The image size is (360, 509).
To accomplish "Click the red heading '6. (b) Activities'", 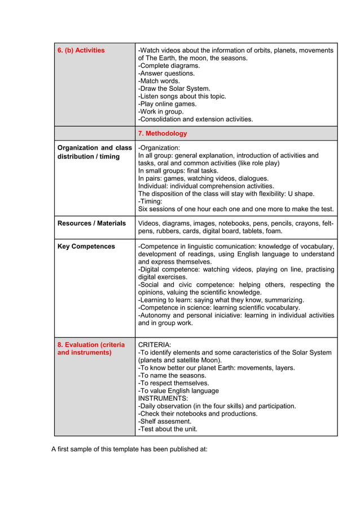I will tap(81, 50).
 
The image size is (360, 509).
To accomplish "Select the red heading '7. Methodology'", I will tap(163, 134).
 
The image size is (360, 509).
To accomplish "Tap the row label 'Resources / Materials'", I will tap(91, 223).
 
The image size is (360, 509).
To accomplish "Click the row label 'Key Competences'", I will tap(86, 247).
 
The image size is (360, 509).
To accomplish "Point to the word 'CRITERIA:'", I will tap(155, 345).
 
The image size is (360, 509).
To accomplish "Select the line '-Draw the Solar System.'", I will tap(174, 89).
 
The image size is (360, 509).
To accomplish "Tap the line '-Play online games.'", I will tap(167, 104).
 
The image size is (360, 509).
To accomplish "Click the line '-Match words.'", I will tap(159, 81).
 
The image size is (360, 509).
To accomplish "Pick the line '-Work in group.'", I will tap(161, 112).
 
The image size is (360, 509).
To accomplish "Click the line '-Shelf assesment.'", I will tap(165, 422).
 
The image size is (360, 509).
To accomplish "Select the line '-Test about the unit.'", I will tap(168, 429).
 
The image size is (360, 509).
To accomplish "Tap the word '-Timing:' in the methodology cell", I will tap(150, 201).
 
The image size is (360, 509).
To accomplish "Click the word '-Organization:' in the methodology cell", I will tap(159, 148).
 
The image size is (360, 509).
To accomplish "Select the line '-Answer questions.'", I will tap(166, 73).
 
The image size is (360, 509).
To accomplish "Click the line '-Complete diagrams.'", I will tap(169, 65).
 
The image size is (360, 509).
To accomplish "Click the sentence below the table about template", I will tap(129, 450).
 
